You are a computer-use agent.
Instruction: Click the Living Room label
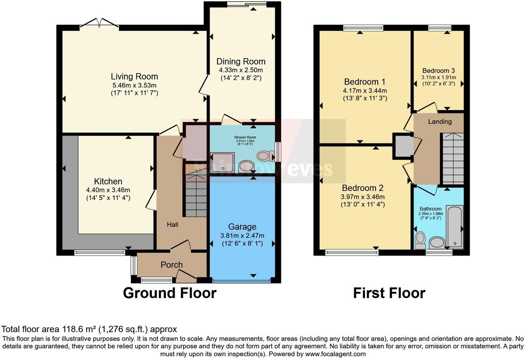[x=134, y=76]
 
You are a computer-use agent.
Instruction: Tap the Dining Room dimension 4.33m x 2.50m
[x=241, y=70]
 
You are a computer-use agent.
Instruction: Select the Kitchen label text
[x=108, y=181]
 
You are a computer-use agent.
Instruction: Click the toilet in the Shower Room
[x=264, y=156]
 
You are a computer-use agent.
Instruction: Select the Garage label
[x=242, y=227]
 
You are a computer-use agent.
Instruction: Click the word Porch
[x=171, y=265]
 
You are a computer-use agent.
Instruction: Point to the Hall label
[x=172, y=225]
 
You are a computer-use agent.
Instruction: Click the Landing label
[x=439, y=122]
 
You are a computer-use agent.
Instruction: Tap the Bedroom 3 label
[x=438, y=71]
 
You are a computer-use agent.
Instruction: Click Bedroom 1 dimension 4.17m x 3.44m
[x=365, y=91]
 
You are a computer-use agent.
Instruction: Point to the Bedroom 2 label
[x=362, y=188]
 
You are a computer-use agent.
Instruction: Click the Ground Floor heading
[x=170, y=293]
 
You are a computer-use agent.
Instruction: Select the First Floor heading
[x=389, y=293]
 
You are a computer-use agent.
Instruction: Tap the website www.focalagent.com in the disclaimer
[x=335, y=354]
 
